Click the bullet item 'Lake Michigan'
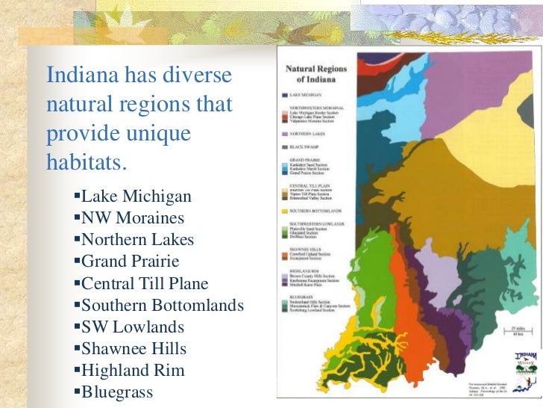point(136,197)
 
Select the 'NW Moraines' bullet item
point(132,219)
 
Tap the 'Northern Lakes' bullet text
point(137,241)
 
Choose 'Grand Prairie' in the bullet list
point(130,262)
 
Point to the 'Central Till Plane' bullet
point(145,284)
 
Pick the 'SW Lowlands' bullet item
point(132,327)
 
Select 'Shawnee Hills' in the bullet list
point(134,349)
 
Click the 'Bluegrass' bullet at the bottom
point(116,392)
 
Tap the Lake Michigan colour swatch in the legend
point(284,96)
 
